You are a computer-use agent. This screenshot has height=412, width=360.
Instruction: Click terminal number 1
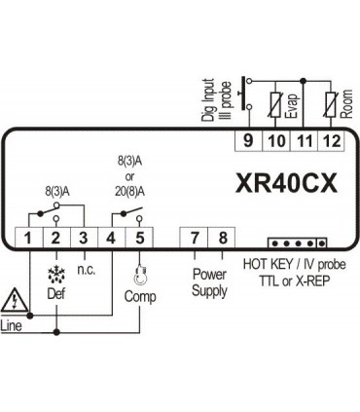(x=29, y=238)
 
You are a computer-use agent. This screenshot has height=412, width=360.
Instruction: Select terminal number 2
(x=56, y=238)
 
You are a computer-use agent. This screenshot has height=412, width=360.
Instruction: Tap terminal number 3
(x=85, y=238)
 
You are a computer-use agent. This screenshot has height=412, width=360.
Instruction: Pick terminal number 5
(x=141, y=238)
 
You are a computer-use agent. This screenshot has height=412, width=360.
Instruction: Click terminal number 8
(x=223, y=238)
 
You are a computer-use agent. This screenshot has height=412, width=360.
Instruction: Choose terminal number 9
(x=249, y=140)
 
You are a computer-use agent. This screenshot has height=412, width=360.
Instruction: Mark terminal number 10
(x=276, y=140)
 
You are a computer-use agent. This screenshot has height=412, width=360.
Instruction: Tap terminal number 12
(x=333, y=140)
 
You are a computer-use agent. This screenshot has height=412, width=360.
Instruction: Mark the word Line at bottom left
(x=13, y=324)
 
